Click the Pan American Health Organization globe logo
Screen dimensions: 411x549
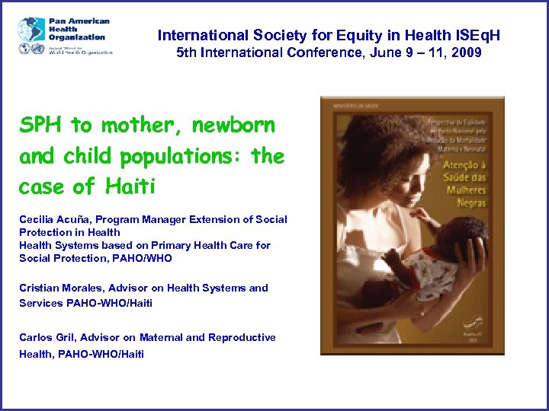[31, 30]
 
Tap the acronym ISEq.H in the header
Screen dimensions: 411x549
[479, 35]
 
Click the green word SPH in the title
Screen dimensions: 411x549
[39, 125]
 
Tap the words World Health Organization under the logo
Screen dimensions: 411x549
[80, 52]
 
